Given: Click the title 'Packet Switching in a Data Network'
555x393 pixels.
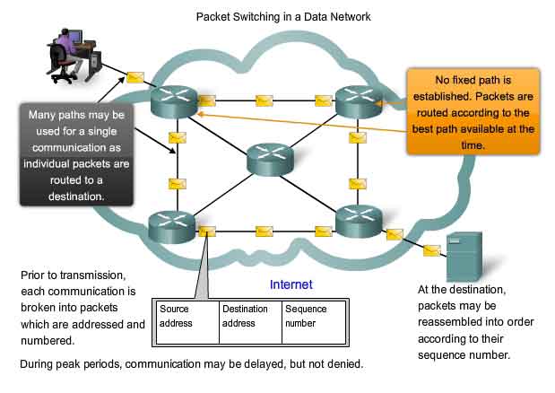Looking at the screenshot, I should (x=282, y=16).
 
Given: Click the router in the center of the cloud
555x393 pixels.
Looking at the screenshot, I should (x=271, y=160).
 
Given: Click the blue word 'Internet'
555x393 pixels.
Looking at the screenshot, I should (x=291, y=284).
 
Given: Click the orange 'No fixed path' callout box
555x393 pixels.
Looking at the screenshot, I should (x=473, y=113).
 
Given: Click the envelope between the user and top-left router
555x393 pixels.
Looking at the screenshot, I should (x=135, y=77).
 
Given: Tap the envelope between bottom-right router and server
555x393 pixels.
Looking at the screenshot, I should (x=394, y=235).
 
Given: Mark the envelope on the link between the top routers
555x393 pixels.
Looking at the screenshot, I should (x=264, y=100).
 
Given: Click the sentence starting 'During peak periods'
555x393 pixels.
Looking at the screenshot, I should (x=192, y=364).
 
